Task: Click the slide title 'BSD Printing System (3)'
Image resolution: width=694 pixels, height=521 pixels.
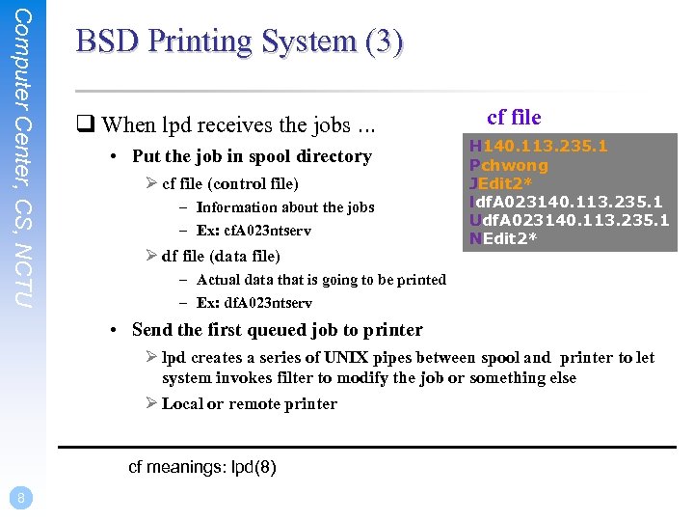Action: pyautogui.click(x=239, y=42)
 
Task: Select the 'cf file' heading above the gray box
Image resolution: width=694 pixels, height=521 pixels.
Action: pyautogui.click(x=514, y=118)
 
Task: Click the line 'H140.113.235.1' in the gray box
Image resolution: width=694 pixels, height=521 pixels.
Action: pyautogui.click(x=538, y=147)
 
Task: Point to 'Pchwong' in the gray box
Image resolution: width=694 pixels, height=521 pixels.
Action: pyautogui.click(x=508, y=165)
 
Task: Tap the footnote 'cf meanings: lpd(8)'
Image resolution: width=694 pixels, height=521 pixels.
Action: pyautogui.click(x=202, y=468)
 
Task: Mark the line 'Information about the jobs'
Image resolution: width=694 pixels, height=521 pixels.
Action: pyautogui.click(x=284, y=206)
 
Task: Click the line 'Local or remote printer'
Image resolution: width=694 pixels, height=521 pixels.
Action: pyautogui.click(x=249, y=403)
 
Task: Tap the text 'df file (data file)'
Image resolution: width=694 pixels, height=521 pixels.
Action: pyautogui.click(x=221, y=256)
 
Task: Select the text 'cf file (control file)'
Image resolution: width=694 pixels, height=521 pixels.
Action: pyautogui.click(x=230, y=183)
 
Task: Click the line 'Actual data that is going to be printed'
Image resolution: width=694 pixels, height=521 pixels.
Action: pyautogui.click(x=320, y=280)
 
